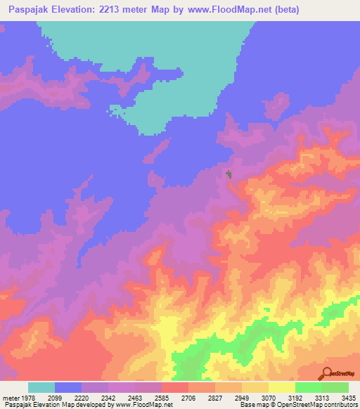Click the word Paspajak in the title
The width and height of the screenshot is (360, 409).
click(x=32, y=10)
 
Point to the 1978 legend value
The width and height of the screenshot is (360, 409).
click(x=27, y=398)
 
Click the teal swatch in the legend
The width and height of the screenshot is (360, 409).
click(x=41, y=387)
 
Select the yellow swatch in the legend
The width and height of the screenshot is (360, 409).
click(x=282, y=387)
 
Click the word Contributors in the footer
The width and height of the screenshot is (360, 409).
click(x=339, y=405)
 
